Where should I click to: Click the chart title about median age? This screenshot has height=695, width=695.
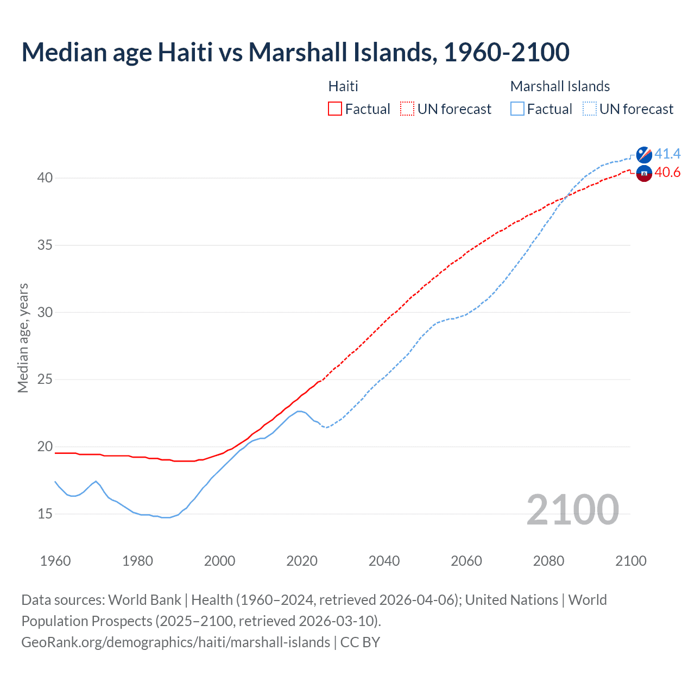295,52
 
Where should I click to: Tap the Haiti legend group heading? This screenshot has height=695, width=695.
343,86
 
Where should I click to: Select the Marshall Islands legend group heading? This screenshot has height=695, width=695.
560,86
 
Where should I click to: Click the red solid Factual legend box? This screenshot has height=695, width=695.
335,109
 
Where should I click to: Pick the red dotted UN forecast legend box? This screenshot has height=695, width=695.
407,109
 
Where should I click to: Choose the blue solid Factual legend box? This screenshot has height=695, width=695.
517,109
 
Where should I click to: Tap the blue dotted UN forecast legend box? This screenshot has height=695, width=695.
590,109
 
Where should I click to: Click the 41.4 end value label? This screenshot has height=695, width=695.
667,154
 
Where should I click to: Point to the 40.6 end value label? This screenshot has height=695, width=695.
667,173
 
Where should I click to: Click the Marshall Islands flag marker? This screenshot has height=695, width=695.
644,155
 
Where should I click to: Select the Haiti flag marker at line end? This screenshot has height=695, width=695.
644,174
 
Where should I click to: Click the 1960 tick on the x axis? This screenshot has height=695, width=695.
55,561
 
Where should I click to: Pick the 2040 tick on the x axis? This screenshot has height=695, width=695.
384,561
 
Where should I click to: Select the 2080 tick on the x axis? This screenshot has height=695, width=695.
548,561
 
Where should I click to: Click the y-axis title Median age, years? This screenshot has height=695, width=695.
23,338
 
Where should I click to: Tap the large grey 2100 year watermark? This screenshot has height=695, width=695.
572,510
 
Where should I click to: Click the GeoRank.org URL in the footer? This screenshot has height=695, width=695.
175,642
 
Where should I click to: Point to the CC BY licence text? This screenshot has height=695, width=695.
360,642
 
